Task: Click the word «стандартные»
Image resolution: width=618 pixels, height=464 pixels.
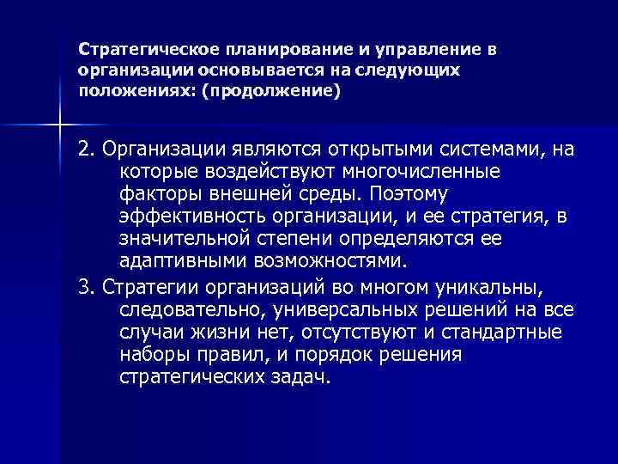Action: pos(506,331)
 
